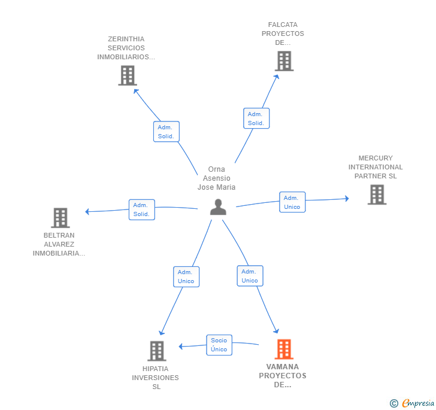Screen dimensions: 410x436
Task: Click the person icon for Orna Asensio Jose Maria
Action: coord(218,207)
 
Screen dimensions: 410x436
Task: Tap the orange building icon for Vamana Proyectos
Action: coord(284,349)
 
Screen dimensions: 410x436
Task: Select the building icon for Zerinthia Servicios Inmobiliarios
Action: coord(127,75)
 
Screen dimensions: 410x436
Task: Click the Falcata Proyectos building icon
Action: coord(284,61)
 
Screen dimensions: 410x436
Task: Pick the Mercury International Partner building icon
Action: coord(377,195)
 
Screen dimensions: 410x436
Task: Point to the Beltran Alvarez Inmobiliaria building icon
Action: coord(60,218)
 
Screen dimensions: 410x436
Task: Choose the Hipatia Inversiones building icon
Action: coord(156,351)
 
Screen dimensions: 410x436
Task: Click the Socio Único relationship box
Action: coord(219,345)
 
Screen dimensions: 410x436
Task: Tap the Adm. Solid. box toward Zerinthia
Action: coord(166,132)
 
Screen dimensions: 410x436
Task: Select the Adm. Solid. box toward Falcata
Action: coord(256,119)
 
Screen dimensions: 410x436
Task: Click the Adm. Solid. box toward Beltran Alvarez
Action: coord(141,209)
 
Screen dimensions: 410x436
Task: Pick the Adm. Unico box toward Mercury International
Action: coord(292,202)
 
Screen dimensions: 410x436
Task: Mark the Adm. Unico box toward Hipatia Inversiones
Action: coord(186,277)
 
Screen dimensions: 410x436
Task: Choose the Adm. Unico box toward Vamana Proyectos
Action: coord(250,276)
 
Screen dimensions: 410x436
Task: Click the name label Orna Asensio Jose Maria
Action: coord(217,178)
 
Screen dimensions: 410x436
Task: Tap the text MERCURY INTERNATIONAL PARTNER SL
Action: coord(376,167)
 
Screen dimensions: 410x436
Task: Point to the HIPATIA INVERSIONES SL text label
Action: coord(156,378)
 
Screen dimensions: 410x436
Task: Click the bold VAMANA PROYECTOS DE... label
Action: coord(283,376)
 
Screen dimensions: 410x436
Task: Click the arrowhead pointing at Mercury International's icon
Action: coord(346,199)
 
